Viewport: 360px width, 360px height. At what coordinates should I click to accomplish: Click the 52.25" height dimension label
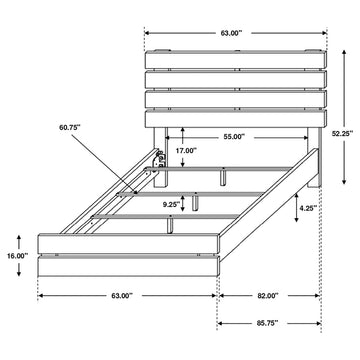[342, 134]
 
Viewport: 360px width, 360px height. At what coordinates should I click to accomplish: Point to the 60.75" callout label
[70, 127]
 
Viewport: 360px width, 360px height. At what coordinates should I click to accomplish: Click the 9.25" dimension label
[171, 205]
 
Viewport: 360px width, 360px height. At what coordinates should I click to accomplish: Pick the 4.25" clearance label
[308, 208]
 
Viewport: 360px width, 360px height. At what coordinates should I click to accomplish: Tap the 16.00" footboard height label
[17, 256]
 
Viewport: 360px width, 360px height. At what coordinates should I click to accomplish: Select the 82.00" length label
[268, 295]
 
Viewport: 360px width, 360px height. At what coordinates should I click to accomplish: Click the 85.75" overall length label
[268, 323]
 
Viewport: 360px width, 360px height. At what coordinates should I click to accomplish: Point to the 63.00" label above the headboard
[231, 33]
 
